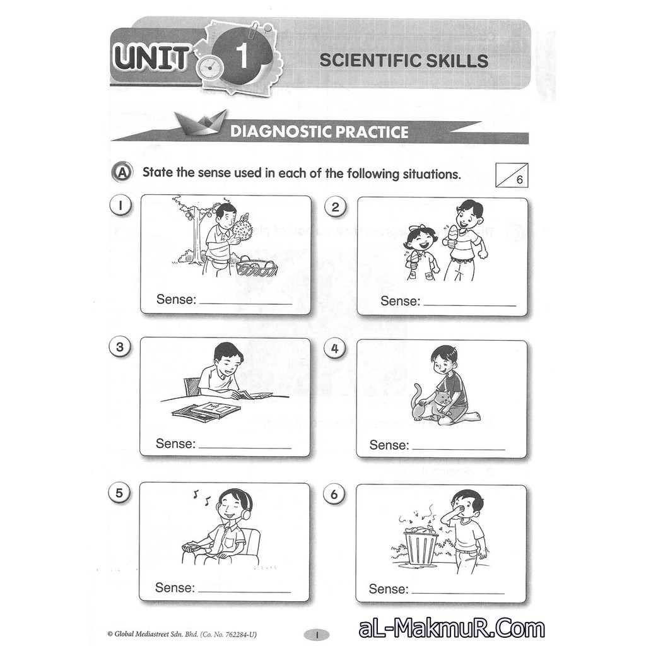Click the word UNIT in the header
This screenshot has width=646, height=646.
151,57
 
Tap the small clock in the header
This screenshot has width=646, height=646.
210,66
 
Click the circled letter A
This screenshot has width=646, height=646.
122,173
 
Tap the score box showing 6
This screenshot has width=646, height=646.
512,175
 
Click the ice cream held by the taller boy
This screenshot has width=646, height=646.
450,235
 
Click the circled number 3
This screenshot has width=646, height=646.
120,347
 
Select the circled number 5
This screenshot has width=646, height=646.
119,493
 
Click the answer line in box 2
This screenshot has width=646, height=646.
469,306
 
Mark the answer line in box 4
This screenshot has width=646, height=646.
459,449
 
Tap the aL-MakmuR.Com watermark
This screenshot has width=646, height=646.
452,629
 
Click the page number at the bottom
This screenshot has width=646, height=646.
317,635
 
